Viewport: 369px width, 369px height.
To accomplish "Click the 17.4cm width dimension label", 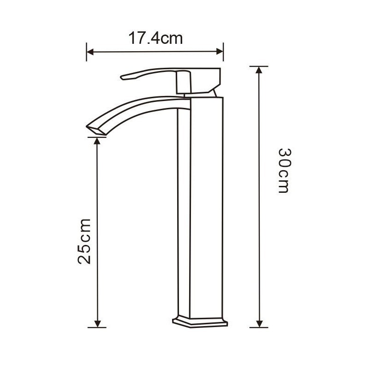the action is [155, 38].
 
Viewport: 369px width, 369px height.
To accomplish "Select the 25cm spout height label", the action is [84, 241].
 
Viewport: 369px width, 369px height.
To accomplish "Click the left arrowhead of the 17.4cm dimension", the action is [90, 52].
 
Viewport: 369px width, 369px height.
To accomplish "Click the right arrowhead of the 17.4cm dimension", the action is [220, 52].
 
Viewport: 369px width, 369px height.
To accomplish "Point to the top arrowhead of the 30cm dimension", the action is [259, 70].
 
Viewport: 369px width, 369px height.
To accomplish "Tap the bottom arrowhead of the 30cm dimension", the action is [259, 324].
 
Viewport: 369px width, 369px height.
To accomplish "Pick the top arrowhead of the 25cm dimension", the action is [97, 141].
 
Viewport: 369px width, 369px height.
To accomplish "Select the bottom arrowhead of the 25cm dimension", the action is [97, 324].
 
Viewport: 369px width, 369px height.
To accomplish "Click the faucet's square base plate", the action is [200, 321].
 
